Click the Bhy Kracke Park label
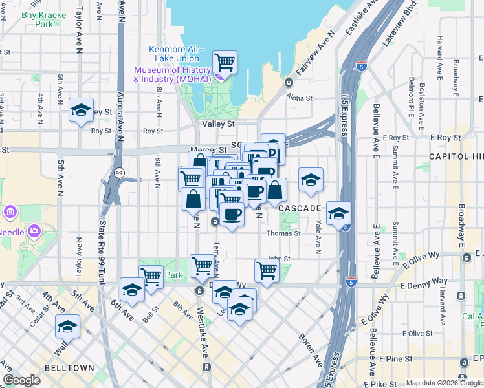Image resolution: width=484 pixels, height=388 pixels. pos(36,19)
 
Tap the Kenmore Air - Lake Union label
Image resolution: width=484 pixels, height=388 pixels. pos(176,54)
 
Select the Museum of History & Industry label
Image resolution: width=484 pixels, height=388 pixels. pos(172,74)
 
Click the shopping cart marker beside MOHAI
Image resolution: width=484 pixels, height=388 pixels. pos(225,63)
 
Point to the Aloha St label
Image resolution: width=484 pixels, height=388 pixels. pos(300,99)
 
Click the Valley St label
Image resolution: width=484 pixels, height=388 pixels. pos(217,124)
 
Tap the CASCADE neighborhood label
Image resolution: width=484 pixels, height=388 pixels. pos(300,208)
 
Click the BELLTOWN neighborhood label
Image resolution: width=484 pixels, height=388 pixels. pos(69,367)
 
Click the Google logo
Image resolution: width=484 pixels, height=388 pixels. pos(22,380)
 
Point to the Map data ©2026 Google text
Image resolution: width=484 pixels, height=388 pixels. pos(443,383)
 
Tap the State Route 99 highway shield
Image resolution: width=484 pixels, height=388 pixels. pos(118,173)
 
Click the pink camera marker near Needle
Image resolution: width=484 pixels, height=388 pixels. pos(34,231)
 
